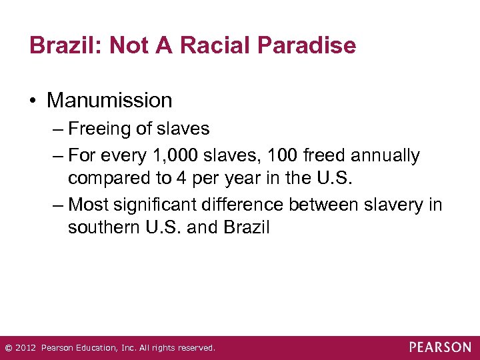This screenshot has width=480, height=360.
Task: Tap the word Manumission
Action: (x=109, y=101)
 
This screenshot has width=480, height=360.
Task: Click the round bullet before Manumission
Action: (x=33, y=101)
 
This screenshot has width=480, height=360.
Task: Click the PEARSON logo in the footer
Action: (x=440, y=347)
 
